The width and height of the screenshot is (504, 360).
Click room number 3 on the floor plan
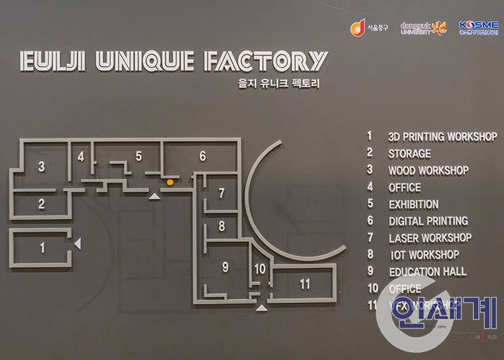(42, 167)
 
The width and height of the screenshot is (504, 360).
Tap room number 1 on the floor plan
(42, 248)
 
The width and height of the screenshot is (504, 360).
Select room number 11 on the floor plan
(305, 284)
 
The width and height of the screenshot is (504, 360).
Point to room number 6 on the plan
(202, 156)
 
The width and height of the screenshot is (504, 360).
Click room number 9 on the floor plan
(225, 267)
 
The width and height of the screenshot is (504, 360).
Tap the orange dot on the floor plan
(170, 182)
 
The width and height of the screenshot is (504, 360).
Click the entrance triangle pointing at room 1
(78, 245)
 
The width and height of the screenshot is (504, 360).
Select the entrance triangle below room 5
(153, 195)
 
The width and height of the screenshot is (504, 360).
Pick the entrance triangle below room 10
(261, 307)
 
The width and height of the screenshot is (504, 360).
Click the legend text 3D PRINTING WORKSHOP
(442, 136)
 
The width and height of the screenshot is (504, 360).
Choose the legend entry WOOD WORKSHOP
(428, 171)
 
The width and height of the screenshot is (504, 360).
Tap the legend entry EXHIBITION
(413, 204)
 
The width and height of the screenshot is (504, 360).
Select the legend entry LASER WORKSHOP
(430, 238)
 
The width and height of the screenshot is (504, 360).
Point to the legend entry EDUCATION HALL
(427, 271)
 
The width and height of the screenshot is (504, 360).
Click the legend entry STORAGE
(409, 153)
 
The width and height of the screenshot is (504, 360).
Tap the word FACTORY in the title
(266, 61)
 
